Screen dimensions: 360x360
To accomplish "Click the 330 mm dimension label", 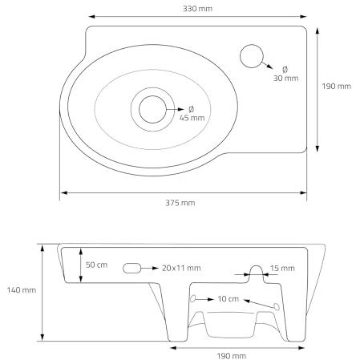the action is click(x=197, y=9).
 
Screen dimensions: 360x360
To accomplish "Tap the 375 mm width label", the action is click(x=180, y=203).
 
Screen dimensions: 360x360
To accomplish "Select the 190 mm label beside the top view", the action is click(x=336, y=86).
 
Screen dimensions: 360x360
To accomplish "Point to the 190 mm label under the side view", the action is click(x=232, y=356).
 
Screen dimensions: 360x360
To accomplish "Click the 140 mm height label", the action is click(x=22, y=290).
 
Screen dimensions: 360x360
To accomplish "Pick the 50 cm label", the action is click(x=96, y=265).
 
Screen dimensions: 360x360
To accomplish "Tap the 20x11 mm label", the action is click(x=181, y=268).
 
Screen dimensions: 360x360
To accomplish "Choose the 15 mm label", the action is click(x=282, y=268).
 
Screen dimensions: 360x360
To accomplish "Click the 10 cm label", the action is click(x=229, y=299).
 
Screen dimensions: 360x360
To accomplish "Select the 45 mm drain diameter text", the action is click(x=192, y=114).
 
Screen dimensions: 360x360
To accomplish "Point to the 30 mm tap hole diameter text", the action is click(x=285, y=74).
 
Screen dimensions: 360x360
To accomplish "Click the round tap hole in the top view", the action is click(x=252, y=56).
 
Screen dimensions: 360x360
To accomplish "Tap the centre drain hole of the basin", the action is click(x=152, y=109).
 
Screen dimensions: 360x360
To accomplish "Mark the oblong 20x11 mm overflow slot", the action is click(x=132, y=268).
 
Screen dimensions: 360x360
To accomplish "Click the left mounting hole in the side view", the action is click(x=192, y=298).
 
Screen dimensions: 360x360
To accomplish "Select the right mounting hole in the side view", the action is click(x=277, y=306).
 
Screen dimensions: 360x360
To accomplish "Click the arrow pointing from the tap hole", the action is click(x=267, y=65).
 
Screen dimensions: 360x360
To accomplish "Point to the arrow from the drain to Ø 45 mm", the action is click(x=176, y=109).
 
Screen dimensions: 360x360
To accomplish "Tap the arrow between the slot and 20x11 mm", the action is click(x=150, y=268).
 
